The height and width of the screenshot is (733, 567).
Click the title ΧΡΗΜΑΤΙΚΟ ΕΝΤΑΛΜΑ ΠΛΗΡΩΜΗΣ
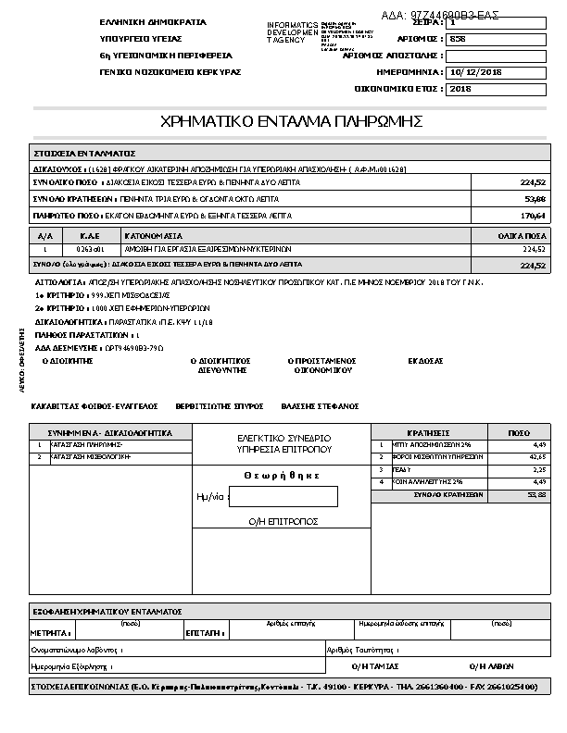click(x=292, y=121)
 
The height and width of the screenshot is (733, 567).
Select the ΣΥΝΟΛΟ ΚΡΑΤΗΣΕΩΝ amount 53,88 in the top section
click(x=535, y=199)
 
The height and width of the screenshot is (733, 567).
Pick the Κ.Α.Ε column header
click(x=90, y=236)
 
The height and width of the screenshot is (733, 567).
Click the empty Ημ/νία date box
click(x=283, y=497)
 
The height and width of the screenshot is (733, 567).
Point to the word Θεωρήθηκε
click(x=283, y=475)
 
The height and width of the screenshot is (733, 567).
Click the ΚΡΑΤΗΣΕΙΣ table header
click(x=428, y=432)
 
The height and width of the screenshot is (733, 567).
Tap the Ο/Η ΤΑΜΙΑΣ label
click(x=375, y=665)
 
